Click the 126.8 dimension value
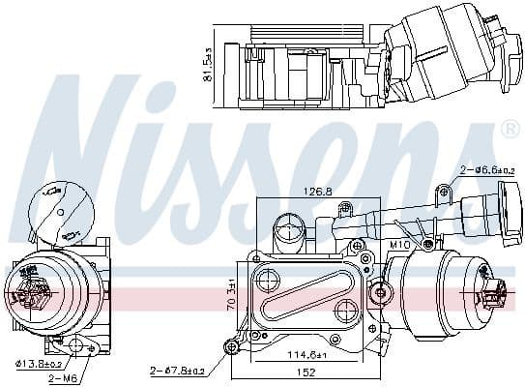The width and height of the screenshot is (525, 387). (315, 192)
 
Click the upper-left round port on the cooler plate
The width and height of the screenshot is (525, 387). (264, 282)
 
